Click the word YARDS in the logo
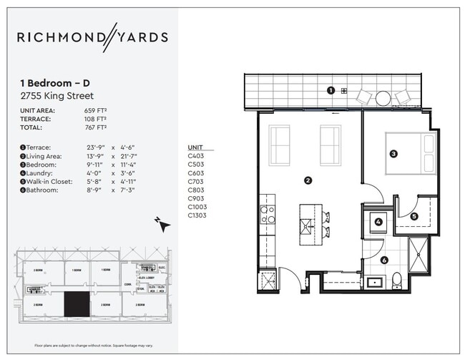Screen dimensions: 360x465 click(143, 37)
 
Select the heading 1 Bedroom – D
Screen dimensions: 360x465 click(53, 83)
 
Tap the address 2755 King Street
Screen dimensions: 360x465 click(57, 95)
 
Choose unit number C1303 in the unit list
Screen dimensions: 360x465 click(198, 215)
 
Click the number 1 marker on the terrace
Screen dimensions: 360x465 click(331, 90)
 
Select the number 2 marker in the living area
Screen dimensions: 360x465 click(308, 180)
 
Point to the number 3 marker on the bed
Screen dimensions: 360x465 click(393, 153)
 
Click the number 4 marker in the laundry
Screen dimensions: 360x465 click(378, 221)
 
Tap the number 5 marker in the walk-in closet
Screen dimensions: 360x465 click(414, 216)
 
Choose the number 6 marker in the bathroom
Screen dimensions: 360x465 click(384, 261)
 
